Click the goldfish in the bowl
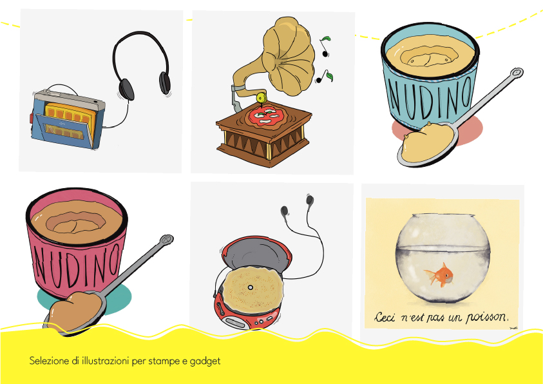tap(440, 274)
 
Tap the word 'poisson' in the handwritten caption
tap(487, 316)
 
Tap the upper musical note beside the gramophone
tap(325, 46)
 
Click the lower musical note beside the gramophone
tap(324, 77)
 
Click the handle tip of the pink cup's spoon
tap(167, 240)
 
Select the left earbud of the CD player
tap(285, 211)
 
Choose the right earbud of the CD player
tap(310, 200)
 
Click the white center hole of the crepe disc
tap(251, 287)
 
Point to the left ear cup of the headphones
tap(126, 90)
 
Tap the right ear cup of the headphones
tap(164, 83)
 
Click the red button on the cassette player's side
tap(31, 118)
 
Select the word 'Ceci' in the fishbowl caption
tap(384, 317)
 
